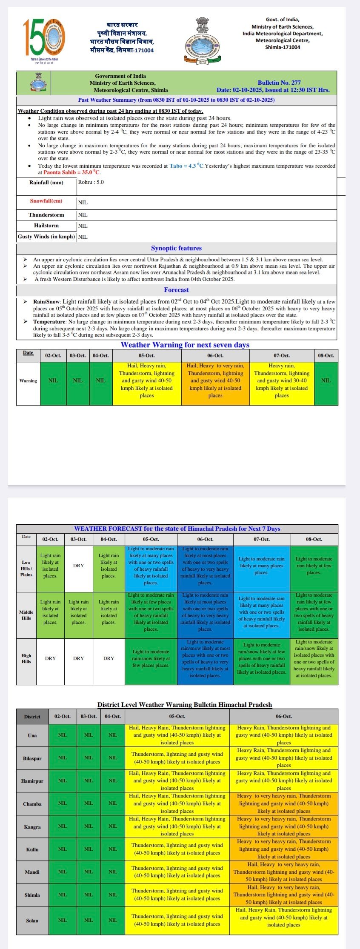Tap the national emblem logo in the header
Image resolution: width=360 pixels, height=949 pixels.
click(202, 40)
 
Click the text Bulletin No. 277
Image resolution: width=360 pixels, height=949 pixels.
click(279, 83)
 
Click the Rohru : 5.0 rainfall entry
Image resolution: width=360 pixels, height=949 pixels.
click(91, 182)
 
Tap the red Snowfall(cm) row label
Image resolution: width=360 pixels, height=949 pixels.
click(46, 201)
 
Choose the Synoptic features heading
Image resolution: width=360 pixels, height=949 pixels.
click(176, 248)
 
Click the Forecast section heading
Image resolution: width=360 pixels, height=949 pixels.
click(176, 290)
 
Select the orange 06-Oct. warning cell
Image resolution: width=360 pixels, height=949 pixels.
click(215, 380)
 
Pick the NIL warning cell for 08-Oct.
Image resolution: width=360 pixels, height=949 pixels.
click(326, 380)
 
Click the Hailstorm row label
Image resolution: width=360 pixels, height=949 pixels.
click(46, 226)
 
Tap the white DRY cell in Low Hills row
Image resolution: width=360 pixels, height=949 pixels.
click(79, 566)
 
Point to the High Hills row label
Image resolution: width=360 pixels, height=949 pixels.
click(26, 658)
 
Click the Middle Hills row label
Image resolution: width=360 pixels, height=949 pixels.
click(26, 615)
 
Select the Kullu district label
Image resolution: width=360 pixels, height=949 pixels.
click(32, 849)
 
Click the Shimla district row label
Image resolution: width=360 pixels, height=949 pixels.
click(32, 895)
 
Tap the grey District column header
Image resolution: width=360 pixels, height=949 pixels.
click(32, 717)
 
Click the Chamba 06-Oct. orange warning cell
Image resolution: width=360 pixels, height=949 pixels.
click(283, 803)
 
